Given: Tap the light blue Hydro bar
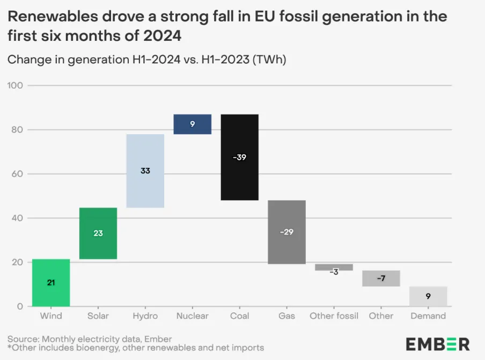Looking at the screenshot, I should coord(145,188).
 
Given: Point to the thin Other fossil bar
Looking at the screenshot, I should coord(334,267).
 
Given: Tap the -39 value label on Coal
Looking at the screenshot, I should coord(240,157).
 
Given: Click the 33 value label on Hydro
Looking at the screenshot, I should coord(145,171).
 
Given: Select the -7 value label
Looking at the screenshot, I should coord(381,278).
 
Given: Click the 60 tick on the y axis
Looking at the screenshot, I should coord(16,174).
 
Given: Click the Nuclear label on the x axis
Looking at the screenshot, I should coord(192,316).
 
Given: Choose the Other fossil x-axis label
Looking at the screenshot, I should coord(334,316).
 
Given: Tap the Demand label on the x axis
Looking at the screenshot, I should coord(428,316).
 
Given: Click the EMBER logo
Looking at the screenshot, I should coord(437,344).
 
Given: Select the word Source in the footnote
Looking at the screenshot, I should coord(21,339).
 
